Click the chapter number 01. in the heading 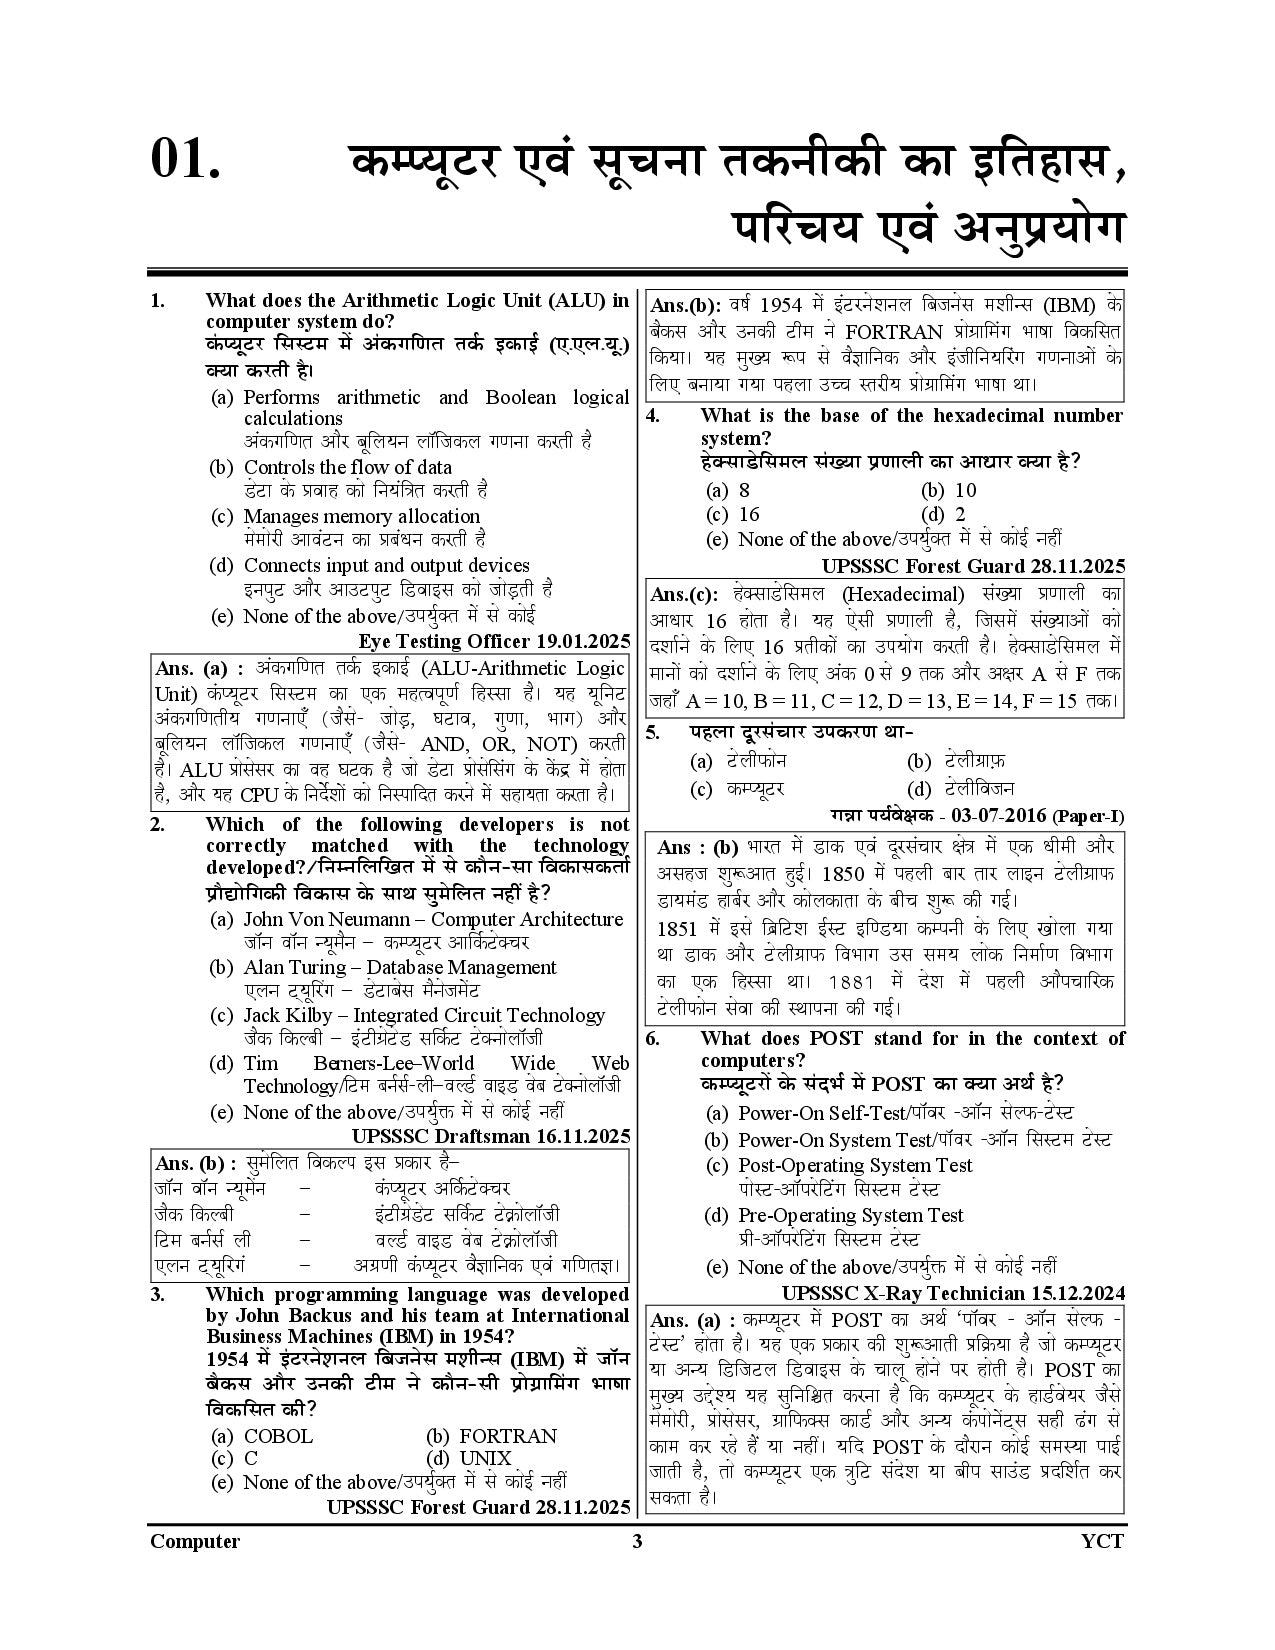(185, 160)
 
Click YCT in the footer (1103, 1541)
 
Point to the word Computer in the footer (195, 1541)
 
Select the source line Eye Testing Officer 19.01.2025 (494, 641)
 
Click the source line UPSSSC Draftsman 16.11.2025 (491, 1136)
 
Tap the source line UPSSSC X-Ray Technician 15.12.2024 (953, 1291)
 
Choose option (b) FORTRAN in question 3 (491, 1436)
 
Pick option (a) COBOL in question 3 (263, 1436)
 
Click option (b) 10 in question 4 (949, 490)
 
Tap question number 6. (652, 1038)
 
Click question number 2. (157, 824)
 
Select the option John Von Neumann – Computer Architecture (433, 919)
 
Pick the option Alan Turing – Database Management (400, 967)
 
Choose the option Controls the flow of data (347, 467)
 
